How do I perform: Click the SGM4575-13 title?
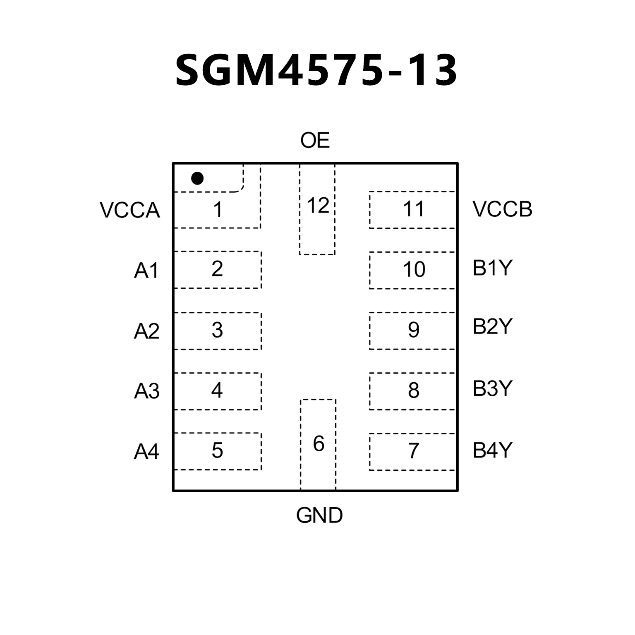(316, 70)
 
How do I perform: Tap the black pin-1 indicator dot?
(197, 179)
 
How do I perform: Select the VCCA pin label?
(130, 210)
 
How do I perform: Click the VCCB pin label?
(502, 209)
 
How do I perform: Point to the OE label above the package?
(315, 141)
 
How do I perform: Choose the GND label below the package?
(319, 515)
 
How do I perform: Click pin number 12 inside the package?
(318, 206)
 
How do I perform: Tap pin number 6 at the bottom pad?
(318, 444)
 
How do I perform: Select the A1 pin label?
(146, 271)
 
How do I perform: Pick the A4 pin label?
(146, 451)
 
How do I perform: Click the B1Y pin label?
(492, 268)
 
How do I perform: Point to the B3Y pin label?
(492, 388)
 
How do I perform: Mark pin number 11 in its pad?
(413, 209)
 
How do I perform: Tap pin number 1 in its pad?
(218, 210)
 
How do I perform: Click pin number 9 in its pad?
(413, 330)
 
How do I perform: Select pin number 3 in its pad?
(217, 330)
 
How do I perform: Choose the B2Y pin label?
(492, 326)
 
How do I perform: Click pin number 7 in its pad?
(413, 451)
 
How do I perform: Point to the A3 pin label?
(146, 391)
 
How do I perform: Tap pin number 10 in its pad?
(414, 270)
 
